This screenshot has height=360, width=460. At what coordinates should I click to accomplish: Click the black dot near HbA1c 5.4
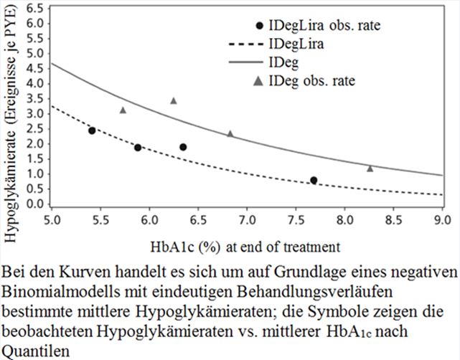click(92, 131)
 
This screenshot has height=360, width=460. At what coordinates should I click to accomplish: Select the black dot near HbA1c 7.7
click(314, 180)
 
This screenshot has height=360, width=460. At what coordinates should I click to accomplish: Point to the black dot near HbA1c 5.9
click(138, 148)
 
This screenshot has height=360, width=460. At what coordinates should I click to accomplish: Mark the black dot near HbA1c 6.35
click(183, 147)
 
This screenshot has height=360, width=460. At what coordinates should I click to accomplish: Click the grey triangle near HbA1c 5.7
click(123, 110)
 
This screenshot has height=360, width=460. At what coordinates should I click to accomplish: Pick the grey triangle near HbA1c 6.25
click(173, 101)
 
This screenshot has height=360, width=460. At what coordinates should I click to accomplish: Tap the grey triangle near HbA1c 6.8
click(230, 134)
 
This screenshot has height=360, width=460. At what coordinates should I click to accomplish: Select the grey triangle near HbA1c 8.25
click(370, 169)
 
